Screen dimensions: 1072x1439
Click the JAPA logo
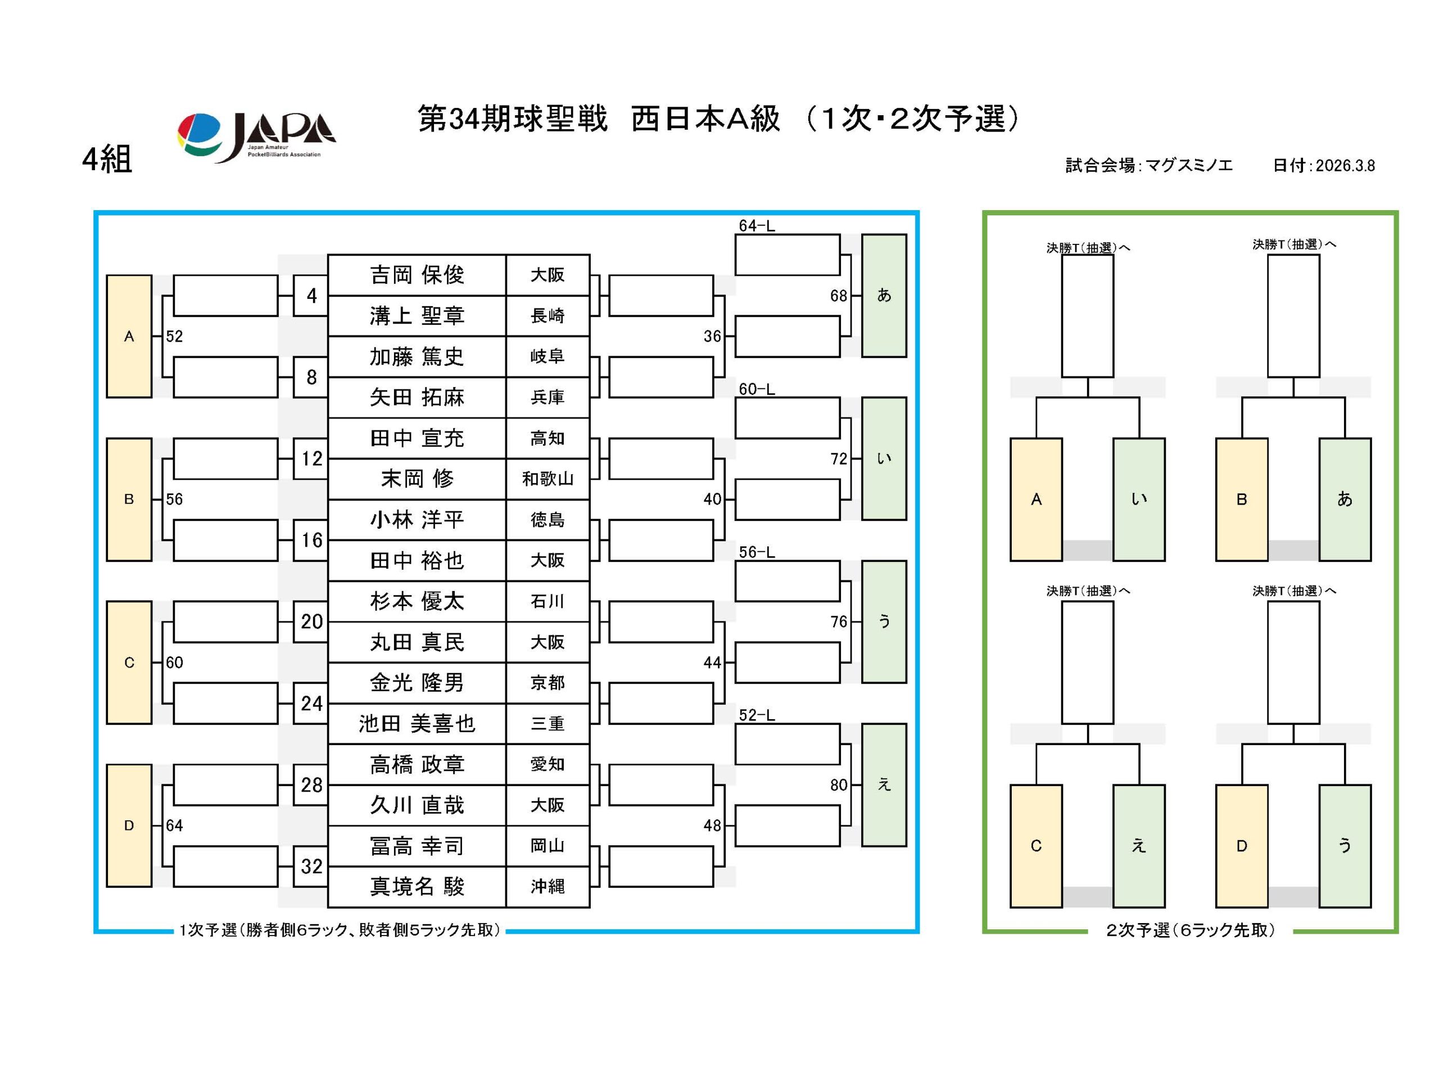point(256,138)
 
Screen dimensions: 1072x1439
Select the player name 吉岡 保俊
point(417,275)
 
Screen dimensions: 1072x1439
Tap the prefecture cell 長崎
point(547,316)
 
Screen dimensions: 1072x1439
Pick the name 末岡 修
point(417,479)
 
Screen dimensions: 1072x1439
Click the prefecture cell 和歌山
point(547,479)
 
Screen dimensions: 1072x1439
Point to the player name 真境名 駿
point(417,887)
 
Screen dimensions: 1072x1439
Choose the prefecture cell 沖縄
point(547,887)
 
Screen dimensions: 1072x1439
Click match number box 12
point(311,459)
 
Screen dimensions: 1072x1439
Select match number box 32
point(311,866)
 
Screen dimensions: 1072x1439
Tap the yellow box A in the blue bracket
point(129,336)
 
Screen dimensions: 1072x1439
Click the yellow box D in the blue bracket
point(129,825)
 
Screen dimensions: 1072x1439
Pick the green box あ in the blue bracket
point(884,296)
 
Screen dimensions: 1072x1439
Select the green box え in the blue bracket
point(884,784)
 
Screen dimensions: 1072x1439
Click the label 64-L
point(756,226)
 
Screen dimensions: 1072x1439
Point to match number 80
point(839,785)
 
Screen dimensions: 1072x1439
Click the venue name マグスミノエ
point(1188,166)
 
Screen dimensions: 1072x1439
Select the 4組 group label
point(107,159)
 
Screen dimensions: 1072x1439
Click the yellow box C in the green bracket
point(1036,846)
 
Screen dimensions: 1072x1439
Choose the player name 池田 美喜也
point(417,724)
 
